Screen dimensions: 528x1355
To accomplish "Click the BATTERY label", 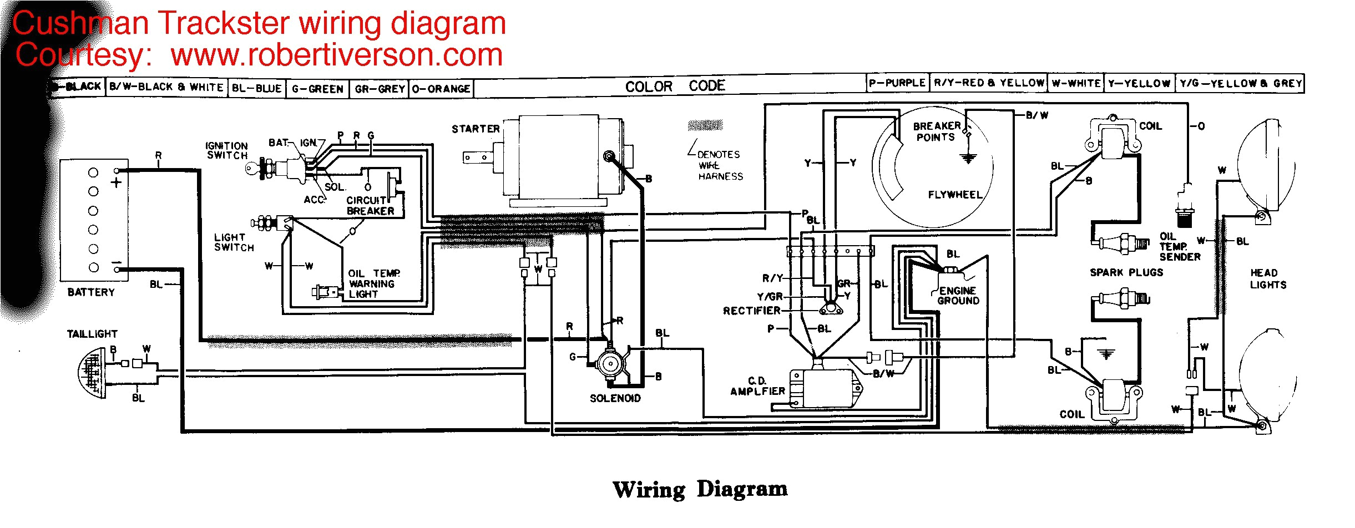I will (x=91, y=292).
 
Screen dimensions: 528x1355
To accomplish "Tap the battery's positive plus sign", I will (x=116, y=182).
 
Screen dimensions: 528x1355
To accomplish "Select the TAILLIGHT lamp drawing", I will (x=92, y=372).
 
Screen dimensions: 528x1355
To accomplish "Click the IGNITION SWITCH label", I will (x=226, y=150).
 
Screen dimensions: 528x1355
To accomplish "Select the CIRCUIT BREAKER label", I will (x=370, y=206).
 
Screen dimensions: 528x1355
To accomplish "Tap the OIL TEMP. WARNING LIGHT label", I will (x=373, y=283).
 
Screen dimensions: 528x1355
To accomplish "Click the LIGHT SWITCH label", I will (x=234, y=242).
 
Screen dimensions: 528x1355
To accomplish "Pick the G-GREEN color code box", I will (x=317, y=89).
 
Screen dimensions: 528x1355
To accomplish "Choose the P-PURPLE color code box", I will (x=897, y=83).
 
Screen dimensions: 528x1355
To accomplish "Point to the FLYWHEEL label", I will (x=955, y=195).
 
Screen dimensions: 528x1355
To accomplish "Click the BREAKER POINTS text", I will (x=936, y=131).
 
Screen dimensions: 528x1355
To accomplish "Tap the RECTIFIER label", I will (x=751, y=311).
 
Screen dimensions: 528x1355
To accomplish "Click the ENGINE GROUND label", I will (x=958, y=296).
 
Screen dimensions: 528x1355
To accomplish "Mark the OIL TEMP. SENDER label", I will (x=1180, y=247).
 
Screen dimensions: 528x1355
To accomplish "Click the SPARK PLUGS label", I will (x=1126, y=272).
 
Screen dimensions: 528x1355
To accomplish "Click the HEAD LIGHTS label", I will (x=1268, y=279).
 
